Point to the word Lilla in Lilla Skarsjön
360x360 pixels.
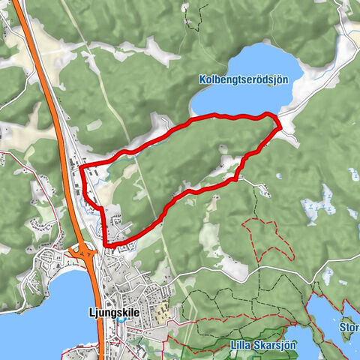pos(238,346)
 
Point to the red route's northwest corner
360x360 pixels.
pos(80,165)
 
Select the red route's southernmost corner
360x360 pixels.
pos(106,244)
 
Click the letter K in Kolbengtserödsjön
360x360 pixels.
pos(203,78)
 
